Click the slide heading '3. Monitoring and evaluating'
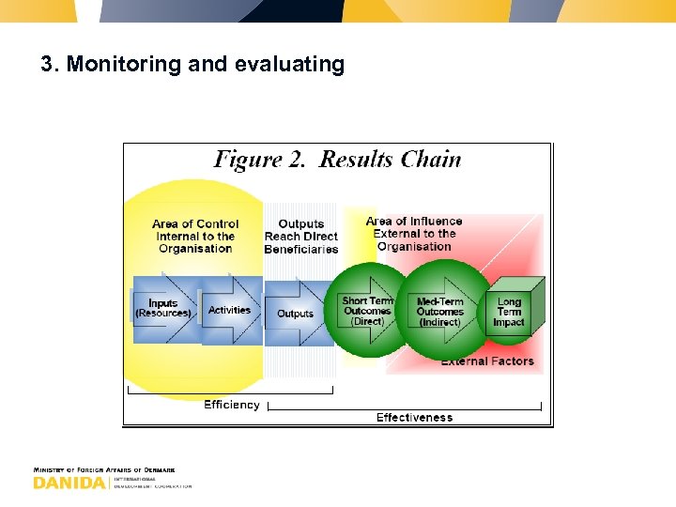pos(192,65)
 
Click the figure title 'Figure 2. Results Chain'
pos(338,159)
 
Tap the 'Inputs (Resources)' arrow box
pos(164,309)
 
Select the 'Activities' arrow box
pos(230,310)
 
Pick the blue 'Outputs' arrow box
pos(296,314)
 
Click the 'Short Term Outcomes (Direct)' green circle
pos(367,311)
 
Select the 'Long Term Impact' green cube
pos(510,312)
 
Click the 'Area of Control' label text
pos(195,224)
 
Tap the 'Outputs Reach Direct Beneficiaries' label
pos(300,237)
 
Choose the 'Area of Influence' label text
pos(414,222)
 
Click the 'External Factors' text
pos(486,361)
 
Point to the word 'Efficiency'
pos(232,405)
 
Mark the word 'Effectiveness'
pos(414,417)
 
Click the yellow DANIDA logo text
pos(69,483)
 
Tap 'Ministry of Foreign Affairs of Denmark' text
pos(104,469)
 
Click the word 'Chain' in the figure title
pos(431,159)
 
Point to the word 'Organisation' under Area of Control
pos(195,249)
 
